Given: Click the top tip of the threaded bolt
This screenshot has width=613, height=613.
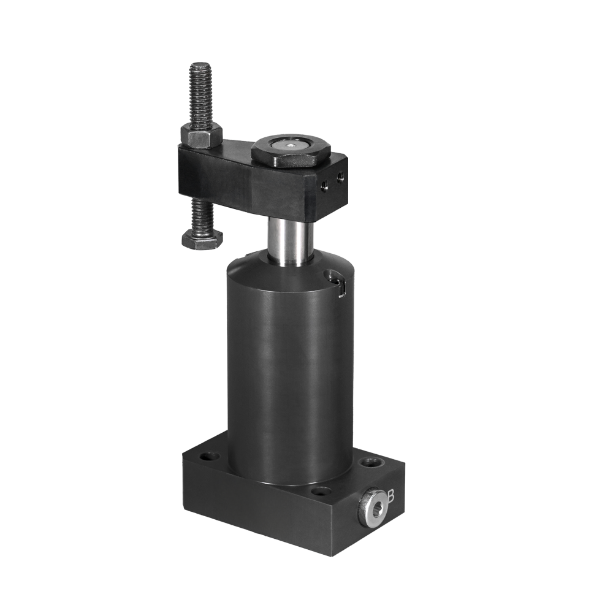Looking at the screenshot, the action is [x=200, y=64].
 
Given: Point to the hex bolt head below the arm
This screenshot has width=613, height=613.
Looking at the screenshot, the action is [x=202, y=239].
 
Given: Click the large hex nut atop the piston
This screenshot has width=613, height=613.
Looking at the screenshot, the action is [x=291, y=151].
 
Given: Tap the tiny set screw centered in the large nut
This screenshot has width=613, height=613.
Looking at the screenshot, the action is [x=291, y=145].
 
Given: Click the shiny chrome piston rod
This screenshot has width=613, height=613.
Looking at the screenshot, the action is [x=290, y=242].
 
